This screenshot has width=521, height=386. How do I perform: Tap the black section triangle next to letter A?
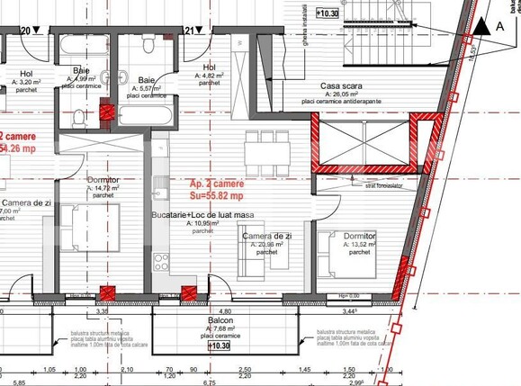[484, 27]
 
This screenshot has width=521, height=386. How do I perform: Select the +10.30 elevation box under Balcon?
[219, 345]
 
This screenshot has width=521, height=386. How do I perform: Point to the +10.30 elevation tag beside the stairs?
[328, 13]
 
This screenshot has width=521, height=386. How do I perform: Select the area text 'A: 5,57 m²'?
[144, 89]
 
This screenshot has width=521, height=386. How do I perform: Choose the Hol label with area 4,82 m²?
[209, 67]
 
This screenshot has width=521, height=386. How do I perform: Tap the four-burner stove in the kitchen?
[162, 262]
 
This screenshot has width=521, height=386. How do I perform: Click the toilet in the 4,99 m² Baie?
[79, 116]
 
